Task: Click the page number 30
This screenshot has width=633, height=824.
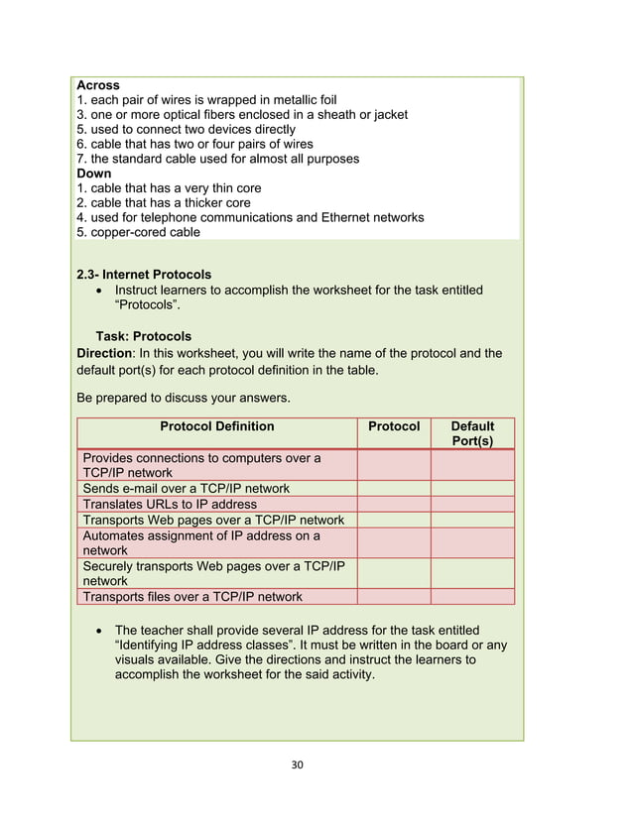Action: coord(297,765)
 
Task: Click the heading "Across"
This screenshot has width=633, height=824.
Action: coord(97,86)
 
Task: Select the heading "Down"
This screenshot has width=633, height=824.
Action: coord(94,174)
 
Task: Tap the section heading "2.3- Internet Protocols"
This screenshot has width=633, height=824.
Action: coord(144,275)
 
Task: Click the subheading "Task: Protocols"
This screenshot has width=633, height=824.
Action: coord(144,336)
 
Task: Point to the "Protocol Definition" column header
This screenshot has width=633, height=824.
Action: coord(217,426)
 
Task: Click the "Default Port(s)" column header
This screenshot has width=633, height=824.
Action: coord(472,433)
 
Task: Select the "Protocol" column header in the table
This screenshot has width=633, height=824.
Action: coord(394,426)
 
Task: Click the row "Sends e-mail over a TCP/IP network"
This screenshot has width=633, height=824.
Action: coord(187,489)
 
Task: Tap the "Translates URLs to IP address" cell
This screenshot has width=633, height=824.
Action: coord(170,504)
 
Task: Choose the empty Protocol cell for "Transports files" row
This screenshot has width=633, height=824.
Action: coord(394,597)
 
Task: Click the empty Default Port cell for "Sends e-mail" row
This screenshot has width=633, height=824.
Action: coord(472,489)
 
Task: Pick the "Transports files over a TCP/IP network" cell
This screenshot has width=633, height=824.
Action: coord(192,597)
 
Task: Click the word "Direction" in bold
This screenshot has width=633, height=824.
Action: coord(104,353)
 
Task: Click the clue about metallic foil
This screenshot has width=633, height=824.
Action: coord(206,100)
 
